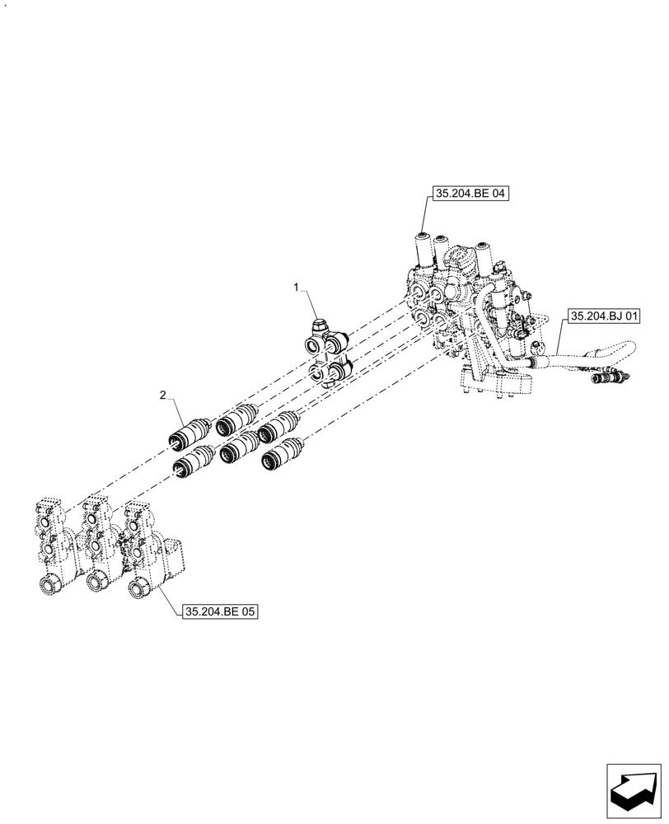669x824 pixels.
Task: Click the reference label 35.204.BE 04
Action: point(470,195)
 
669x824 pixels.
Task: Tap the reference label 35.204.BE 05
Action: point(220,612)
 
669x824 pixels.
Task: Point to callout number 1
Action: point(297,287)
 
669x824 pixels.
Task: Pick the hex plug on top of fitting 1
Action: point(320,328)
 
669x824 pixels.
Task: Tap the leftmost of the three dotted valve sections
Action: point(49,544)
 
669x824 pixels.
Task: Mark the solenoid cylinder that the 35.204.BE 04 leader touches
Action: point(423,248)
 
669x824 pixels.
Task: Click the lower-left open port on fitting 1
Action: point(318,375)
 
